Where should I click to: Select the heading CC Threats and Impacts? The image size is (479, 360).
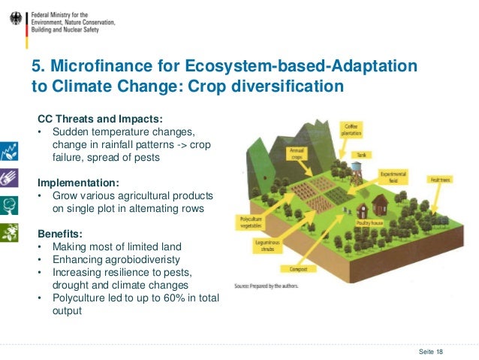click(100, 119)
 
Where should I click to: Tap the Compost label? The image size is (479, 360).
click(297, 268)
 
